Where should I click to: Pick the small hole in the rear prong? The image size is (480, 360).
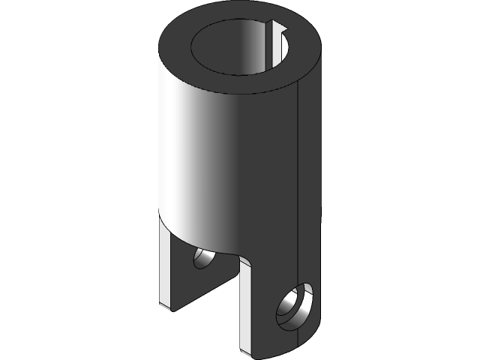click(x=203, y=259)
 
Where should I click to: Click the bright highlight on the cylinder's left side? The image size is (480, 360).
click(x=180, y=150)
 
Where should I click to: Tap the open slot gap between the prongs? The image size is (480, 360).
click(x=225, y=300)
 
